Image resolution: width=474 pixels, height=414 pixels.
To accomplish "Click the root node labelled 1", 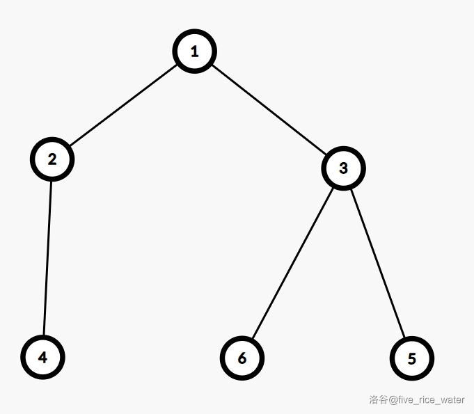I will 195,51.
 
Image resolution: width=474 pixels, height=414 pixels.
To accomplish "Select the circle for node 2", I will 52,159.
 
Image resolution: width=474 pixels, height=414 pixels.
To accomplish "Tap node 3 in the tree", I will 343,168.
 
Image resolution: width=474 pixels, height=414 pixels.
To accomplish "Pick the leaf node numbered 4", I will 42,357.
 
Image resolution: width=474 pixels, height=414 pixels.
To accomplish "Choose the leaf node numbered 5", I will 411,358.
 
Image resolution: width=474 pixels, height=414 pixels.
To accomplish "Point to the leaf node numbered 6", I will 242,358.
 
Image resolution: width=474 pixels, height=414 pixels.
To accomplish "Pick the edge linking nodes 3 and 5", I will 377,263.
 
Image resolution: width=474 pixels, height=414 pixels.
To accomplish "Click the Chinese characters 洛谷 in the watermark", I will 379,400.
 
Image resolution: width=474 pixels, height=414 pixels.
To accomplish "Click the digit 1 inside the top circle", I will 195,51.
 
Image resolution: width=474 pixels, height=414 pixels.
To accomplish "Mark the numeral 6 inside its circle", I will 242,358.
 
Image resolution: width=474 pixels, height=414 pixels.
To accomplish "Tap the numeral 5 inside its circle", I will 411,358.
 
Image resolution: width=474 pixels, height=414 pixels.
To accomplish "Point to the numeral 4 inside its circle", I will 42,357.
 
